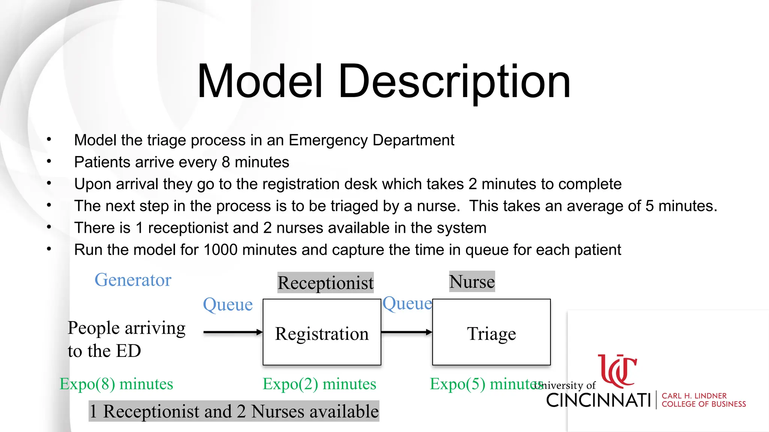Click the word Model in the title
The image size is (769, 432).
pyautogui.click(x=260, y=81)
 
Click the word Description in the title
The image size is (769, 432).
pyautogui.click(x=454, y=81)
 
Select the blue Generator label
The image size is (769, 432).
pyautogui.click(x=133, y=280)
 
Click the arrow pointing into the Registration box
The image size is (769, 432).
pyautogui.click(x=233, y=332)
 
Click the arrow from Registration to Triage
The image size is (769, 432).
pyautogui.click(x=407, y=332)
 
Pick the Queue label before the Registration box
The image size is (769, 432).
pyautogui.click(x=228, y=304)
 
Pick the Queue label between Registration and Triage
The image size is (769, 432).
pyautogui.click(x=407, y=303)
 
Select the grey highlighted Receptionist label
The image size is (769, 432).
pyautogui.click(x=326, y=283)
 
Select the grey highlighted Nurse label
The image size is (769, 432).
pyautogui.click(x=472, y=282)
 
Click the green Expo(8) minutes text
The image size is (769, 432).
pyautogui.click(x=116, y=384)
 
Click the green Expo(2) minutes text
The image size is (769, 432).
pyautogui.click(x=319, y=384)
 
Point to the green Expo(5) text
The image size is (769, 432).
pyautogui.click(x=458, y=384)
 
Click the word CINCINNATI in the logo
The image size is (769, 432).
pyautogui.click(x=599, y=400)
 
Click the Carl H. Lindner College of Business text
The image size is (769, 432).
pyautogui.click(x=703, y=400)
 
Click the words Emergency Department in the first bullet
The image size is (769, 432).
pyautogui.click(x=371, y=140)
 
